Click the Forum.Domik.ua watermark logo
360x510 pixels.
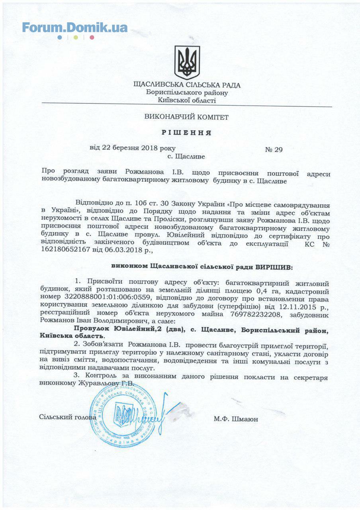pyautogui.click(x=74, y=28)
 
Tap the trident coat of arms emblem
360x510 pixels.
pyautogui.click(x=187, y=62)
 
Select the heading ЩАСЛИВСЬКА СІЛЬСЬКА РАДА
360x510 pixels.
pyautogui.click(x=187, y=85)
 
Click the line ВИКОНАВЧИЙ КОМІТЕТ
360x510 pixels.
pyautogui.click(x=187, y=117)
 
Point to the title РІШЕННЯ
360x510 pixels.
pyautogui.click(x=187, y=132)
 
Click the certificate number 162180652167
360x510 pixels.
pyautogui.click(x=72, y=251)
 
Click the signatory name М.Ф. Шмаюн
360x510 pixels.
pyautogui.click(x=236, y=419)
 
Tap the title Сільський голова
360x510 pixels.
pyautogui.click(x=68, y=417)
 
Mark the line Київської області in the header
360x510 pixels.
pyautogui.click(x=187, y=100)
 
